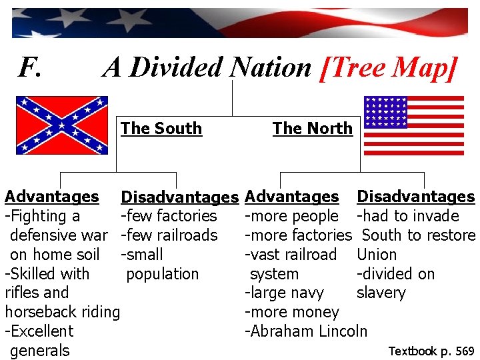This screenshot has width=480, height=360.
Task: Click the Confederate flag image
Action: [62, 125]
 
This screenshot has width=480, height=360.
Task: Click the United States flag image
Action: [413, 125]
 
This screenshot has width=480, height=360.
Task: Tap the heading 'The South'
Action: [161, 128]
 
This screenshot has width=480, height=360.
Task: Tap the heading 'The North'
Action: [312, 128]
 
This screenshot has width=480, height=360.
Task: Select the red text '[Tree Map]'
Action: [389, 67]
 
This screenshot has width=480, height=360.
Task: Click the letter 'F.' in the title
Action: [31, 67]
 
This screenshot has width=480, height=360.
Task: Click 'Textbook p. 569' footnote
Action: [431, 351]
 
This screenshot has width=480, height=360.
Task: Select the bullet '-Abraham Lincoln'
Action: [306, 331]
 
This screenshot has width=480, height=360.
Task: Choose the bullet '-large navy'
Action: [285, 293]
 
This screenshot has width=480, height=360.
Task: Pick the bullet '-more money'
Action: [292, 312]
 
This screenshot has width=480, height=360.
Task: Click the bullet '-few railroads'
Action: [169, 235]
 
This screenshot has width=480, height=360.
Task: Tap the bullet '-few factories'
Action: [169, 216]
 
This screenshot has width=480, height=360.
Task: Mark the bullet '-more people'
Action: [292, 216]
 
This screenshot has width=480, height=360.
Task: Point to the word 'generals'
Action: [40, 351]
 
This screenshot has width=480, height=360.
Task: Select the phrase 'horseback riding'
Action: [62, 312]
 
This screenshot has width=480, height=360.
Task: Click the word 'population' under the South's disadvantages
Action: [162, 274]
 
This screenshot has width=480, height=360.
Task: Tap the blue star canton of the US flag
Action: [385, 111]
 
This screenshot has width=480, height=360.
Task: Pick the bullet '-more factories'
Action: [298, 235]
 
